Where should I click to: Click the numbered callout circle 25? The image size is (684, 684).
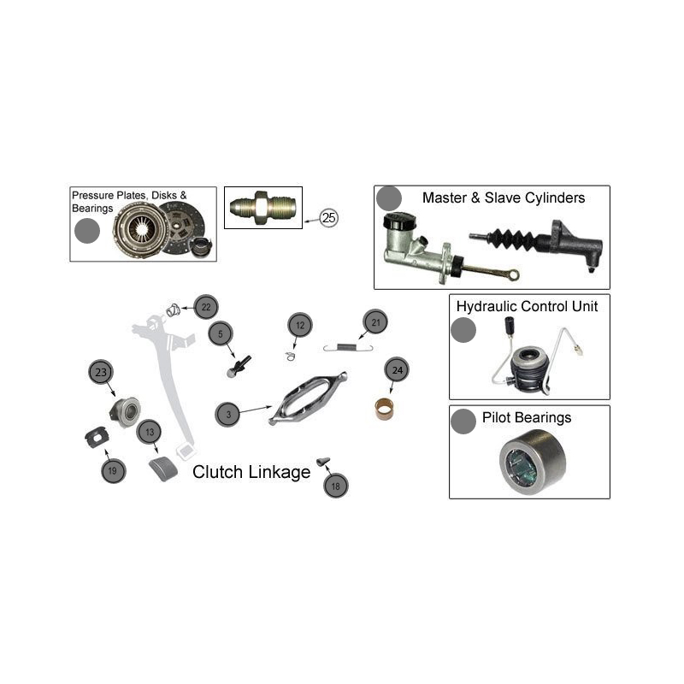(328, 217)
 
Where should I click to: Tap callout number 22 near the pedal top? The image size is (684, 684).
(206, 307)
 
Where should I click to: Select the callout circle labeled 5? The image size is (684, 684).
(221, 334)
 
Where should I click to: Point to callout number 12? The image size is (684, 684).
(300, 325)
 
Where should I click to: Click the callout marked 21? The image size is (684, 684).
(375, 322)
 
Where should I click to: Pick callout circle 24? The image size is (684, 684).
(397, 370)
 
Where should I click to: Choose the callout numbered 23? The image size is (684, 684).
(101, 372)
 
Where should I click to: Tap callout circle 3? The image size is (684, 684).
(227, 415)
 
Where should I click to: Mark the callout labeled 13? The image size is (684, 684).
(149, 432)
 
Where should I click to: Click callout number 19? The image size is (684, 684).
(113, 471)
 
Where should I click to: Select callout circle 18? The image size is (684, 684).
(335, 486)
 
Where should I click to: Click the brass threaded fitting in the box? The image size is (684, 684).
(263, 208)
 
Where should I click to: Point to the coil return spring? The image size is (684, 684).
(348, 347)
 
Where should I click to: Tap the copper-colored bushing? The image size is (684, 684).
(384, 410)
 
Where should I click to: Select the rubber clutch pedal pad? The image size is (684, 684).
(163, 469)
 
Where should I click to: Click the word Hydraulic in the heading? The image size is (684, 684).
(484, 307)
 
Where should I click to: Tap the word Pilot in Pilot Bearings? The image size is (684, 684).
(496, 417)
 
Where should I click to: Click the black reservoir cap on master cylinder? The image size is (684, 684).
(399, 221)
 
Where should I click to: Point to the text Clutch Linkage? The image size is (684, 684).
(251, 472)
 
